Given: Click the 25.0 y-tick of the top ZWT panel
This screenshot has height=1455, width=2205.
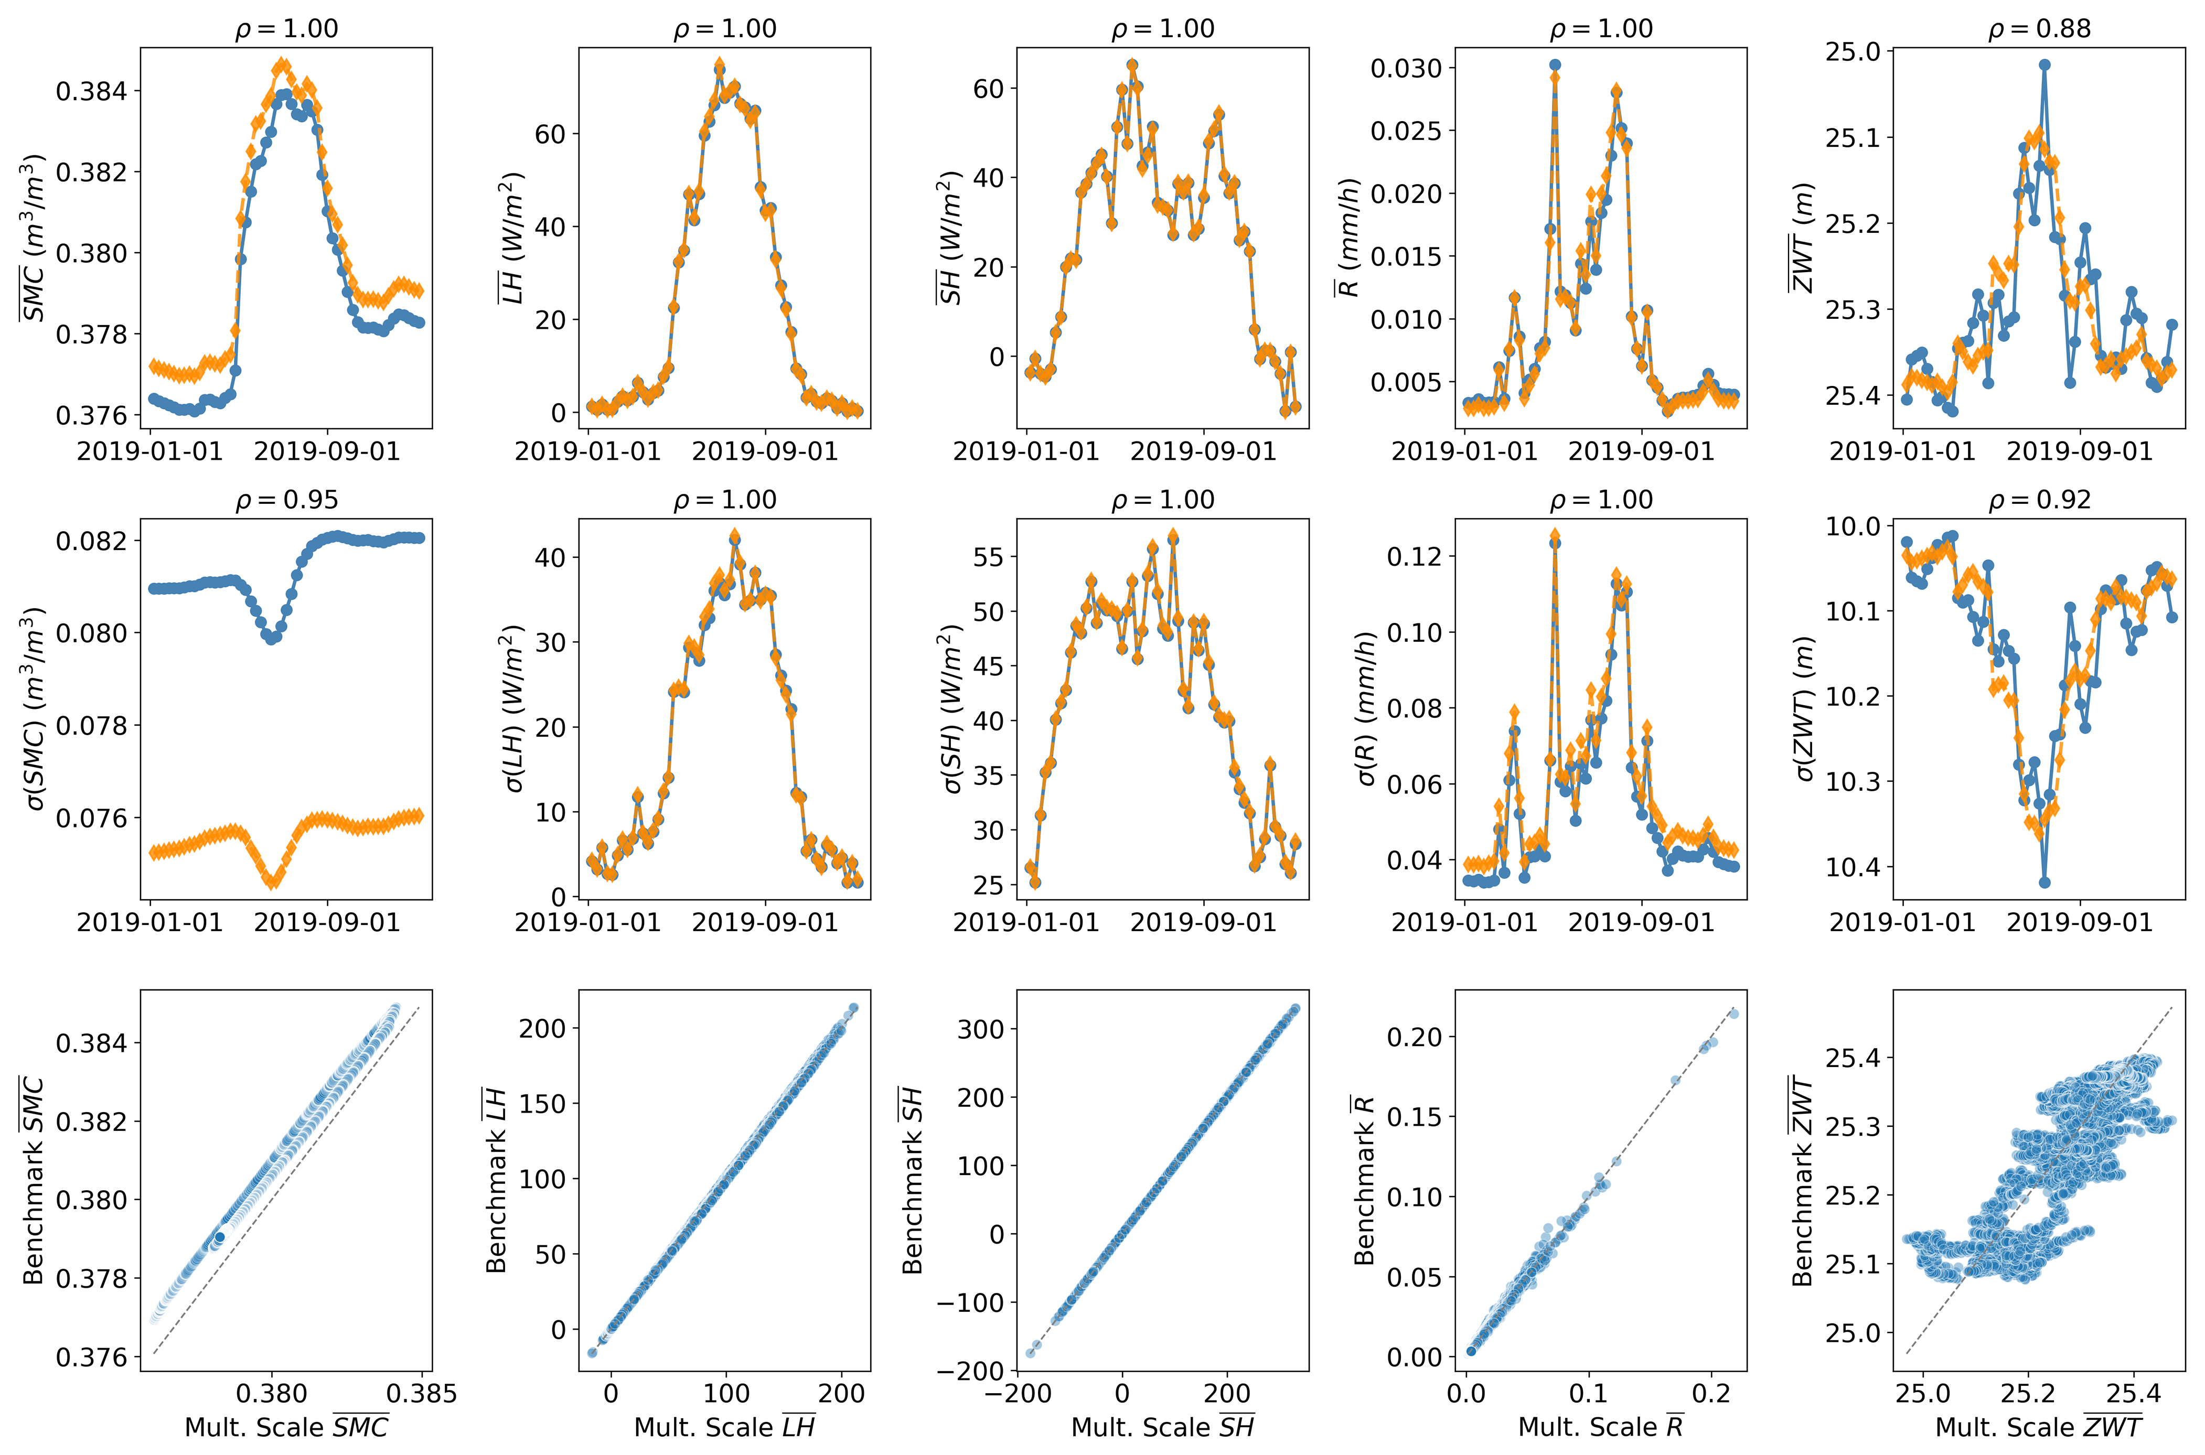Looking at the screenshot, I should click(1853, 52).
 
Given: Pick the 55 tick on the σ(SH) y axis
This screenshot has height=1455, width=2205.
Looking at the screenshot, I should click(988, 558).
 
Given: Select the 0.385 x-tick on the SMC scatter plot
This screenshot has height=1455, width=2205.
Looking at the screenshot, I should click(421, 1394).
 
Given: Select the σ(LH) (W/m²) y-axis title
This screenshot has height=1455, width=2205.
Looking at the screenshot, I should click(513, 708).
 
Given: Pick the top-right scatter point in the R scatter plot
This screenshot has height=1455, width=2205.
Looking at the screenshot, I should click(1732, 1014).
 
